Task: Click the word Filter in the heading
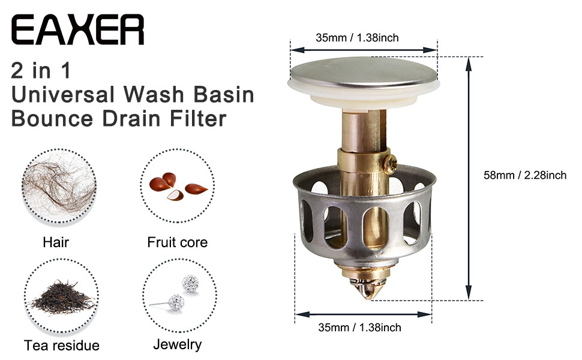196,118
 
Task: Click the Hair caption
56,243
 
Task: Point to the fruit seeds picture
177,186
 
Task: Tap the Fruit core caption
178,243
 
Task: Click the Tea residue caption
62,346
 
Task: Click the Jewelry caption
178,345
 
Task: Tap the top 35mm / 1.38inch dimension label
358,38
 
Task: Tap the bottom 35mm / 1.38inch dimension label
359,328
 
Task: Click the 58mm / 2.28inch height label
525,176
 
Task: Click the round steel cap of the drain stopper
364,70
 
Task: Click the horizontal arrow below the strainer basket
363,314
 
